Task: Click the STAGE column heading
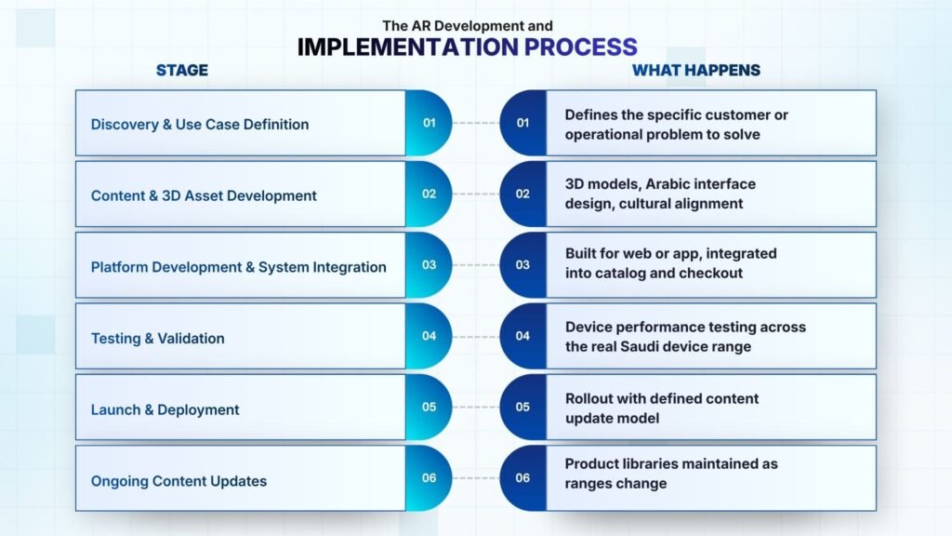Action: pos(181,71)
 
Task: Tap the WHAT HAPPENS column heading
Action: pos(695,71)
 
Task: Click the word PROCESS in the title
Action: pos(580,47)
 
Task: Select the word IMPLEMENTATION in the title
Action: pos(407,47)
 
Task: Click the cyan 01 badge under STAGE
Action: pos(429,123)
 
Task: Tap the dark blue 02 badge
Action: pos(522,194)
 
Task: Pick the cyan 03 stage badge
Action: pos(429,265)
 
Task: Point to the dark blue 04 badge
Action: pos(522,336)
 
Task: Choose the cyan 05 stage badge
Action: pos(429,408)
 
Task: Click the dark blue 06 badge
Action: pos(522,478)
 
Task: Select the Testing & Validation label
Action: pos(158,339)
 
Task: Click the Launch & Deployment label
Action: pos(165,410)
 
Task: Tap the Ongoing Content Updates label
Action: pos(179,481)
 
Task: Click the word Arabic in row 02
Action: pos(671,184)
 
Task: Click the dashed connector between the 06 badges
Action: pos(476,478)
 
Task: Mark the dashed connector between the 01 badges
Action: pos(476,123)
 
